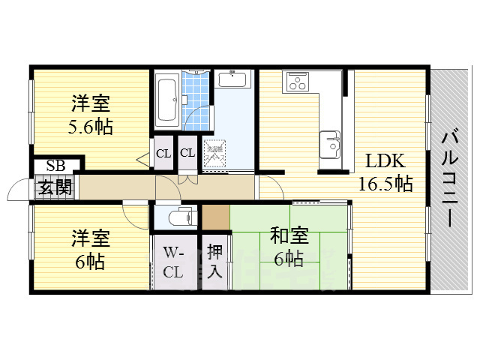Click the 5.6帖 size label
tap(90, 127)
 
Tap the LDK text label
tap(385, 161)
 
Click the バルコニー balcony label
tap(450, 177)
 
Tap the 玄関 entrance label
tap(54, 186)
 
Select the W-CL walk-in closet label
tap(173, 262)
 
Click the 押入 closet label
tap(214, 260)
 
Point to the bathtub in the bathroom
tap(166, 100)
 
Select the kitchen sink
tap(331, 142)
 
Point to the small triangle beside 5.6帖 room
tap(142, 158)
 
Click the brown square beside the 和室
tap(215, 217)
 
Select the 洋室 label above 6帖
tap(90, 239)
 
